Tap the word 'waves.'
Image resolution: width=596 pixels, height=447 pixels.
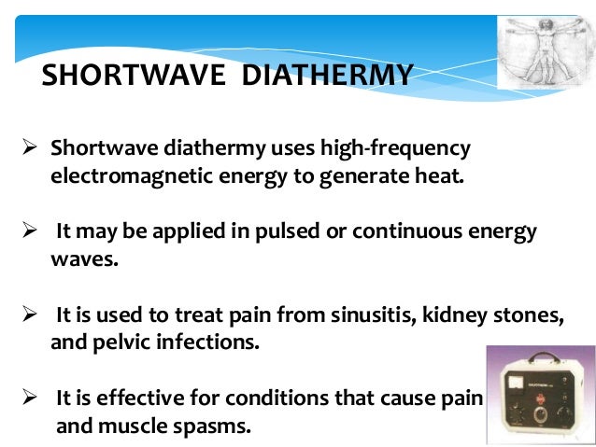[x=84, y=258]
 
